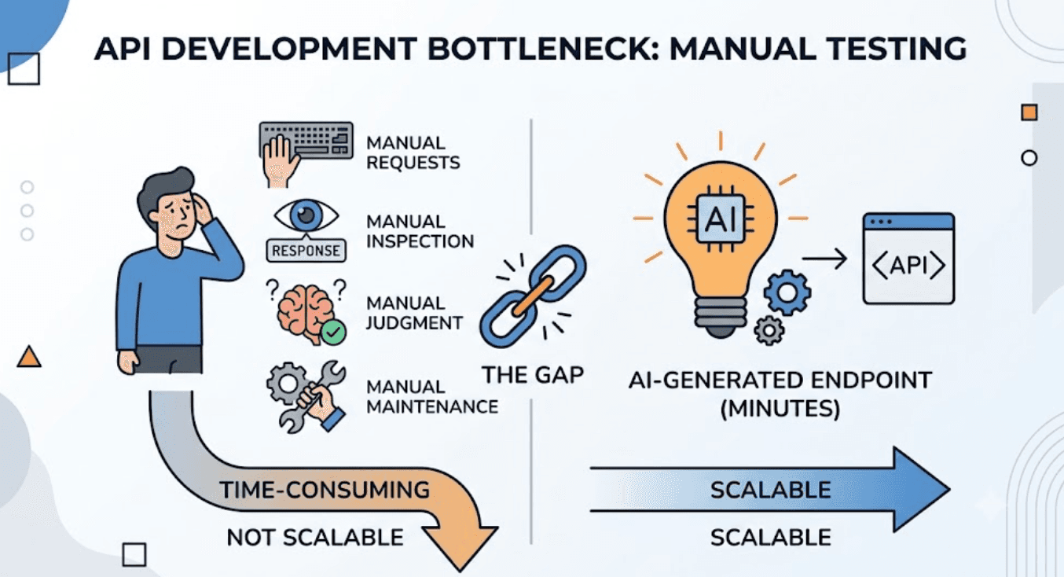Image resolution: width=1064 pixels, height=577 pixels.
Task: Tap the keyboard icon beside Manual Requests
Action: tap(306, 140)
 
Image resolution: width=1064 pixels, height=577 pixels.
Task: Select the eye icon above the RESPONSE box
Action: tap(306, 215)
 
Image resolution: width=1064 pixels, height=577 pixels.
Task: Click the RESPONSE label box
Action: tap(306, 251)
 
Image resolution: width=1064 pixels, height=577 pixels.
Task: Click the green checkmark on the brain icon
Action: tap(333, 333)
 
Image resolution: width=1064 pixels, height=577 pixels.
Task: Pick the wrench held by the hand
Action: tap(312, 397)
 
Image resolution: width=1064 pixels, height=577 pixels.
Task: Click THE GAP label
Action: tap(533, 375)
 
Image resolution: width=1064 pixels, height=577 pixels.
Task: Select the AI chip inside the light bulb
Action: tap(721, 219)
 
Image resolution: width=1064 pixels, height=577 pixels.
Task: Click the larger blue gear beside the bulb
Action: tap(787, 292)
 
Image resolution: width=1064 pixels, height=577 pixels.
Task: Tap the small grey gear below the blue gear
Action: tap(769, 330)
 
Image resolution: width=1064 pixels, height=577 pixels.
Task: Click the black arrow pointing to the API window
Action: tap(824, 259)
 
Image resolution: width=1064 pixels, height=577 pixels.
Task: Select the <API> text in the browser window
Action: tap(908, 265)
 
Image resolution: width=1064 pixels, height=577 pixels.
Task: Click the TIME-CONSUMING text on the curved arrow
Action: tap(325, 490)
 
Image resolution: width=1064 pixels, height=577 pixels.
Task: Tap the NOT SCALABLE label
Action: tap(315, 538)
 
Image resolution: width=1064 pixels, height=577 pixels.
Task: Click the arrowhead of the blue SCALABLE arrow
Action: tap(919, 490)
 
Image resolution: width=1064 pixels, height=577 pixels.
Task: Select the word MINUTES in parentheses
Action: tap(780, 408)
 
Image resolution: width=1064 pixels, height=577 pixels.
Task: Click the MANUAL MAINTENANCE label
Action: tap(432, 397)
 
